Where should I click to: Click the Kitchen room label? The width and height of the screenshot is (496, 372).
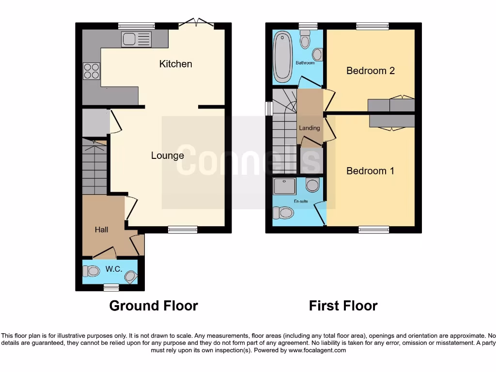[x=175, y=64]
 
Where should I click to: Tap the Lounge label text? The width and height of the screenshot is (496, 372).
[x=167, y=155]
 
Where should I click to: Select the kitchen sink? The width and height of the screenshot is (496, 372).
[x=136, y=39]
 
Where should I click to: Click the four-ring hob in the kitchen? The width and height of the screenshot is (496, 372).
[x=91, y=71]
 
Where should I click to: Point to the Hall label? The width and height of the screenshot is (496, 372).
[x=101, y=230]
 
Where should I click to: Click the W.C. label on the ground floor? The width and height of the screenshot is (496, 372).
[x=114, y=269]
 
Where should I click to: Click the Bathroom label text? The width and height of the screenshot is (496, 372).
[x=305, y=63]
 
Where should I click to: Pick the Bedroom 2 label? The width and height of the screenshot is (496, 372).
[x=370, y=71]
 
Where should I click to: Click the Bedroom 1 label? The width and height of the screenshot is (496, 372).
[x=370, y=171]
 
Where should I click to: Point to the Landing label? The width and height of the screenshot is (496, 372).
[x=309, y=128]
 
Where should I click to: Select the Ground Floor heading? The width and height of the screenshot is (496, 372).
[x=153, y=306]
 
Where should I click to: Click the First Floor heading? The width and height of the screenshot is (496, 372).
[x=343, y=306]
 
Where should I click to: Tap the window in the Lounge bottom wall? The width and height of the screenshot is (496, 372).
[x=183, y=230]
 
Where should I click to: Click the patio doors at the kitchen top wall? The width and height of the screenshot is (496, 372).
[x=196, y=23]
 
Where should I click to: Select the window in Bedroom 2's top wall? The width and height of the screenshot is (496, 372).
[x=372, y=26]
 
